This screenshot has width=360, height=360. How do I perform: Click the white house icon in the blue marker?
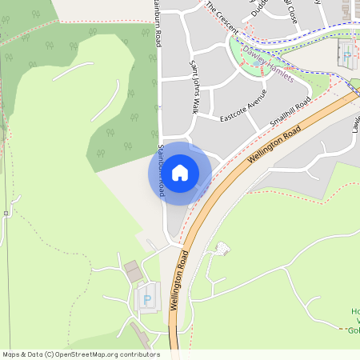pyautogui.click(x=180, y=172)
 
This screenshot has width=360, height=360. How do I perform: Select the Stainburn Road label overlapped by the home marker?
pyautogui.click(x=161, y=170)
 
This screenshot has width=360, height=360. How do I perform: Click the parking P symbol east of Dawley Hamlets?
pyautogui.click(x=346, y=56)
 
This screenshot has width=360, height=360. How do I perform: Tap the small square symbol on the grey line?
pyautogui.click(x=6, y=213)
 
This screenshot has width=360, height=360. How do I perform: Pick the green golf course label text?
pyautogui.click(x=354, y=320)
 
